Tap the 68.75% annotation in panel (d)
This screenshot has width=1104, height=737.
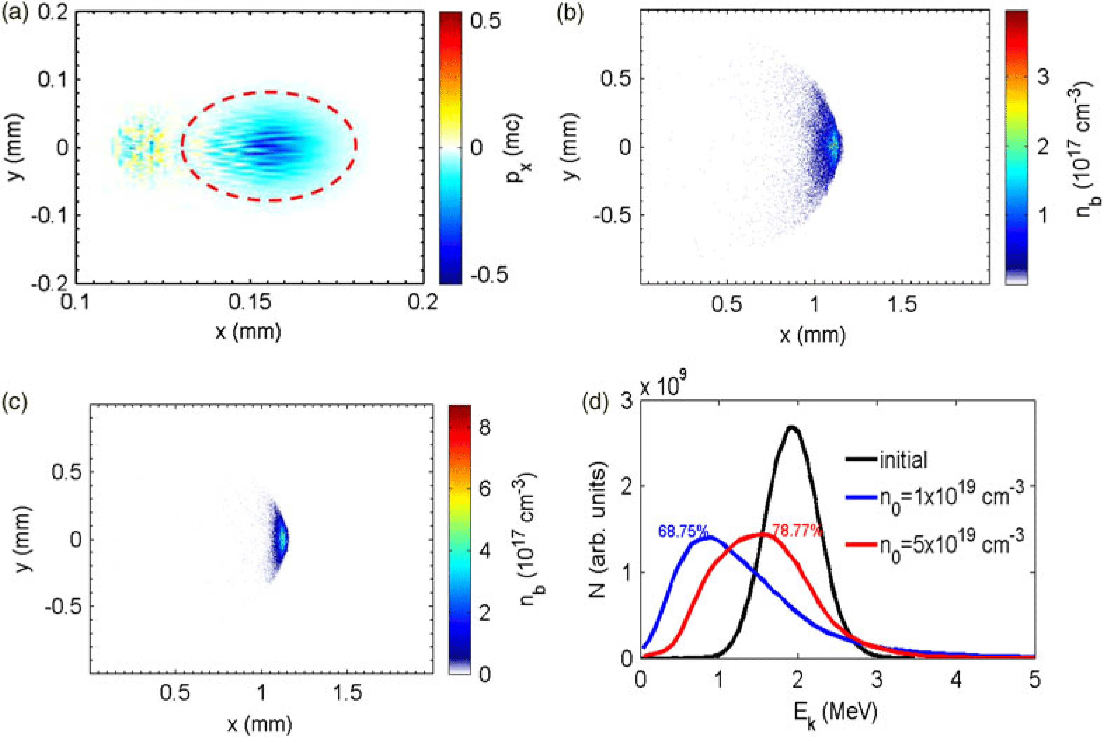[682, 531]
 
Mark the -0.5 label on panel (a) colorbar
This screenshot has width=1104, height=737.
[489, 275]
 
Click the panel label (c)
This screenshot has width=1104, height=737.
[15, 402]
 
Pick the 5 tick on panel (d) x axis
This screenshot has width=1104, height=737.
[1035, 681]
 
